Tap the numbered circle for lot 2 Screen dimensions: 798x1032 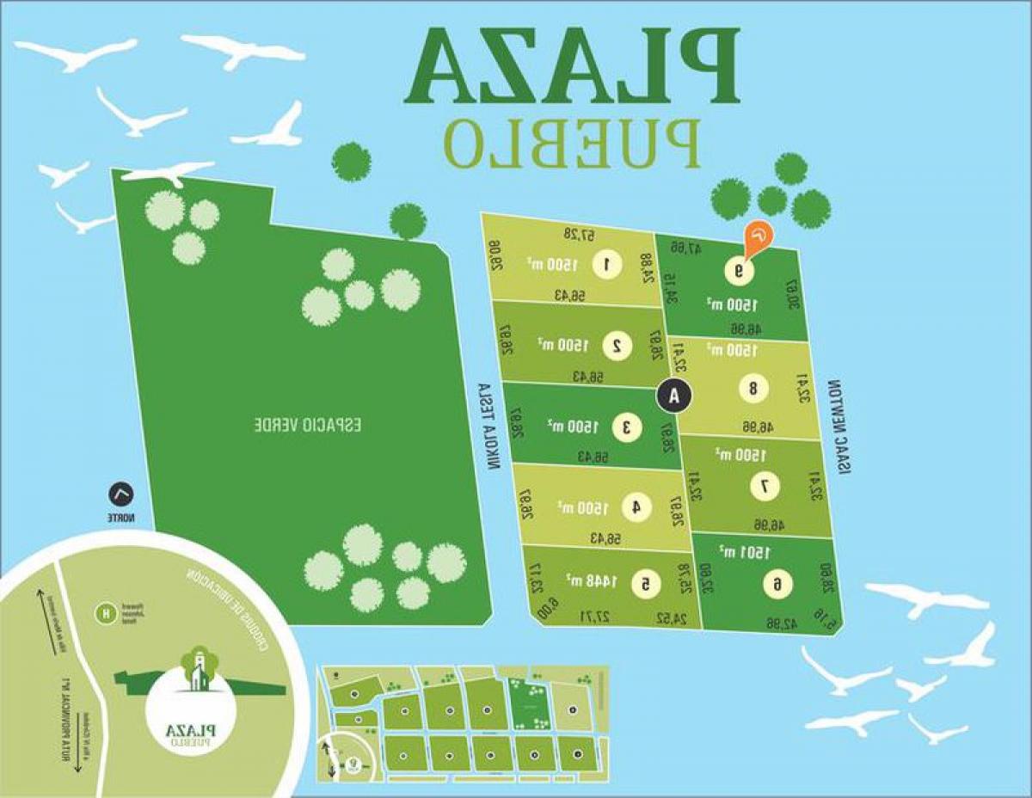tap(617, 345)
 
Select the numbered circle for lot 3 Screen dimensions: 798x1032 tap(626, 426)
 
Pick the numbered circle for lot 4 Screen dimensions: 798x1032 tap(636, 507)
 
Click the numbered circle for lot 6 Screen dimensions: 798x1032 tap(777, 585)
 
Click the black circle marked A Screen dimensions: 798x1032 tap(674, 396)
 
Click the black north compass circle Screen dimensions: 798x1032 tap(121, 495)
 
